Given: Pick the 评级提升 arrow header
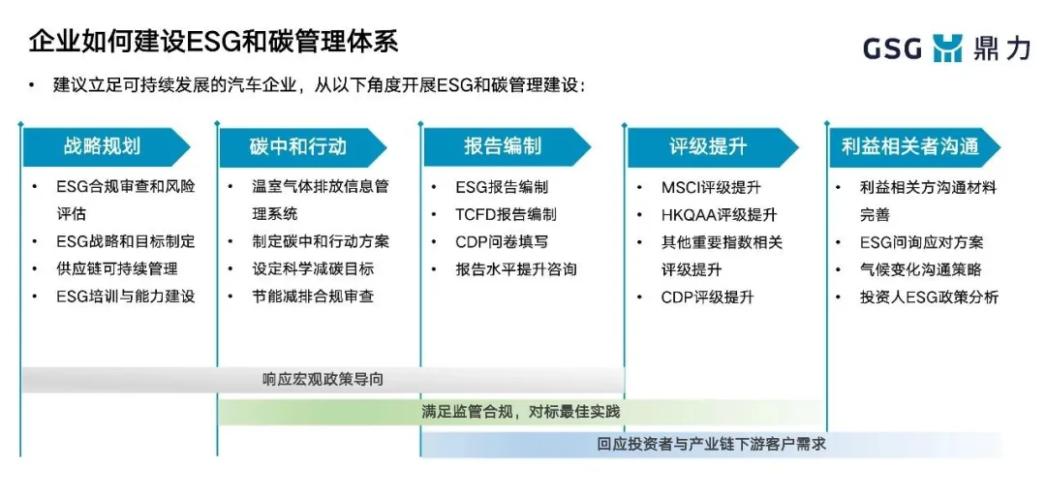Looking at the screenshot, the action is pos(712,147).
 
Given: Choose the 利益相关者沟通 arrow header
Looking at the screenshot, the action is pos(914,147).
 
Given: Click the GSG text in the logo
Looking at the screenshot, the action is pos(893,49).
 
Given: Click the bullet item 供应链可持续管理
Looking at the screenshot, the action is pos(117,268).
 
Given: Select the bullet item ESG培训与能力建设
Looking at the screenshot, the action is pos(125,297).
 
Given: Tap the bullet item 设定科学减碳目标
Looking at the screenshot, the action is pos(313,268).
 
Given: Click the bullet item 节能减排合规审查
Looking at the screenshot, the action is pos(313,297).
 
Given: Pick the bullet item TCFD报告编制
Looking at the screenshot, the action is pos(506,214).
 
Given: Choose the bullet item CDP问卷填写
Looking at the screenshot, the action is pos(502,241).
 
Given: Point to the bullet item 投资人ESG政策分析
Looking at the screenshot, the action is pos(929,297).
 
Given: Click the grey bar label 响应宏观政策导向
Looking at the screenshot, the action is pos(323,380).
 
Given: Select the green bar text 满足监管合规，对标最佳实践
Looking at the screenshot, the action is pos(521,412).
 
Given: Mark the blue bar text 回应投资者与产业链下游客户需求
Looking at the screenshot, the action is pos(712,444).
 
